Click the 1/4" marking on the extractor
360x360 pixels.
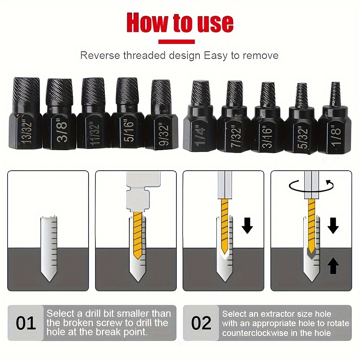click(x=200, y=135)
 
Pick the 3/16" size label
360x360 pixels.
click(x=267, y=137)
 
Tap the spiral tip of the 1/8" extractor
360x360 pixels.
click(x=336, y=94)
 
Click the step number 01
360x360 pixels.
click(x=26, y=323)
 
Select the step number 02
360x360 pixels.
click(x=201, y=323)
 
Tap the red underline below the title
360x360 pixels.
click(x=176, y=42)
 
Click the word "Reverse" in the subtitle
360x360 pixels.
click(x=100, y=55)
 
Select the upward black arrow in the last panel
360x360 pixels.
click(x=333, y=266)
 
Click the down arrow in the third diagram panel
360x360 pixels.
click(x=247, y=226)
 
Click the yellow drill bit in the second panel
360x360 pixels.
click(x=138, y=236)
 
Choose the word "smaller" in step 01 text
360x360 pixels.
click(x=135, y=314)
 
